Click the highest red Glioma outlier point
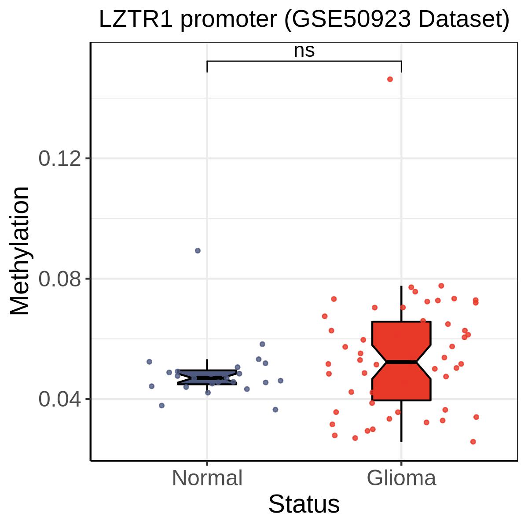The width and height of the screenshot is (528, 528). pyautogui.click(x=390, y=79)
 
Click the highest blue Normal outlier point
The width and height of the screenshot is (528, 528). pyautogui.click(x=198, y=250)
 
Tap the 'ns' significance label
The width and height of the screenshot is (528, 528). pyautogui.click(x=304, y=51)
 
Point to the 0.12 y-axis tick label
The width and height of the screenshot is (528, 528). pyautogui.click(x=59, y=158)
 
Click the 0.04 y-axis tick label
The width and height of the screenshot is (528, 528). pyautogui.click(x=59, y=399)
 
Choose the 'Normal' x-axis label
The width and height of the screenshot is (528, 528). pyautogui.click(x=207, y=478)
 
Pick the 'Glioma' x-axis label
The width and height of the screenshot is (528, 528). pyautogui.click(x=401, y=478)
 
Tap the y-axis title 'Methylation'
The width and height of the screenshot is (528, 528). pyautogui.click(x=19, y=251)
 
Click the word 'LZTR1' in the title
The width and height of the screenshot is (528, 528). pyautogui.click(x=136, y=19)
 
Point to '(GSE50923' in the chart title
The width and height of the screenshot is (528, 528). pyautogui.click(x=348, y=20)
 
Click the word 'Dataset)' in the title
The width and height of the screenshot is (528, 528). pyautogui.click(x=464, y=20)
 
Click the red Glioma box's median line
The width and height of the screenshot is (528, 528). pyautogui.click(x=401, y=362)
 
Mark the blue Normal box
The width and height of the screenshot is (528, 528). pyautogui.click(x=207, y=377)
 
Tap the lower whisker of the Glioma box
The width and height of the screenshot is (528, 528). pyautogui.click(x=401, y=421)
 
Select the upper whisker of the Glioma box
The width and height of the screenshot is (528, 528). pyautogui.click(x=401, y=304)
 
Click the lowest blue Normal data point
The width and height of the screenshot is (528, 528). pyautogui.click(x=275, y=410)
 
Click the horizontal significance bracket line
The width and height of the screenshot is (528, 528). pyautogui.click(x=304, y=61)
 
